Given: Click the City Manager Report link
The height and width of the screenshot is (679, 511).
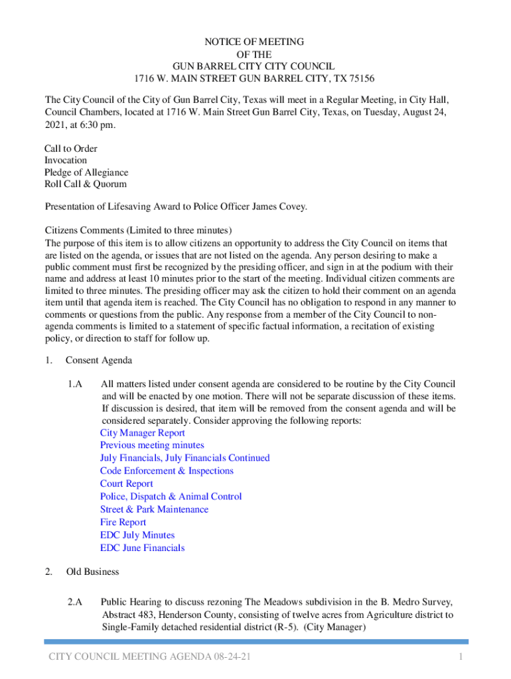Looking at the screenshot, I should point(142,432).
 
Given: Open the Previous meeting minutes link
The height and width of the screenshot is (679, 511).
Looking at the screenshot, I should point(152,445).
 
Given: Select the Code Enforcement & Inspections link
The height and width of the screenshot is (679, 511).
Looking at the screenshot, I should point(167,471).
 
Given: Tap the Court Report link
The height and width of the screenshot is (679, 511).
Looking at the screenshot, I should point(126,483).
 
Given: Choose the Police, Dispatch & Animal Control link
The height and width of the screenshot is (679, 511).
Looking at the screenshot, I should point(171,496).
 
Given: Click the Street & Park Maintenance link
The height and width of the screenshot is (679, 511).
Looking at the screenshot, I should point(154,509).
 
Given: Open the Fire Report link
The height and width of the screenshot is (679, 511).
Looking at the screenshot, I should point(123,522).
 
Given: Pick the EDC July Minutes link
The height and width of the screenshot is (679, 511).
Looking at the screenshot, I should point(137,535).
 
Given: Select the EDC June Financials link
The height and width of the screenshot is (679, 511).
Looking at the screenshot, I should point(142,548).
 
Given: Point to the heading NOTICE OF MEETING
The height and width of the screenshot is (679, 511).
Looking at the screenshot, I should point(255,42).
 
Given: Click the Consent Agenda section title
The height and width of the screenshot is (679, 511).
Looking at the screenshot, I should point(99,361).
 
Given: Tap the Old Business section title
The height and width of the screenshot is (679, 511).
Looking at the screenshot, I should point(92,572).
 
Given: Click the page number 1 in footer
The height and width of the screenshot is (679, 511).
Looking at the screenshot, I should point(459,657).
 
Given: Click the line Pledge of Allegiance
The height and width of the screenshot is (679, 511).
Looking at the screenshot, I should point(86,172).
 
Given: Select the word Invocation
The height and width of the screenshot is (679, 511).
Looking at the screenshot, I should point(66,160).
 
